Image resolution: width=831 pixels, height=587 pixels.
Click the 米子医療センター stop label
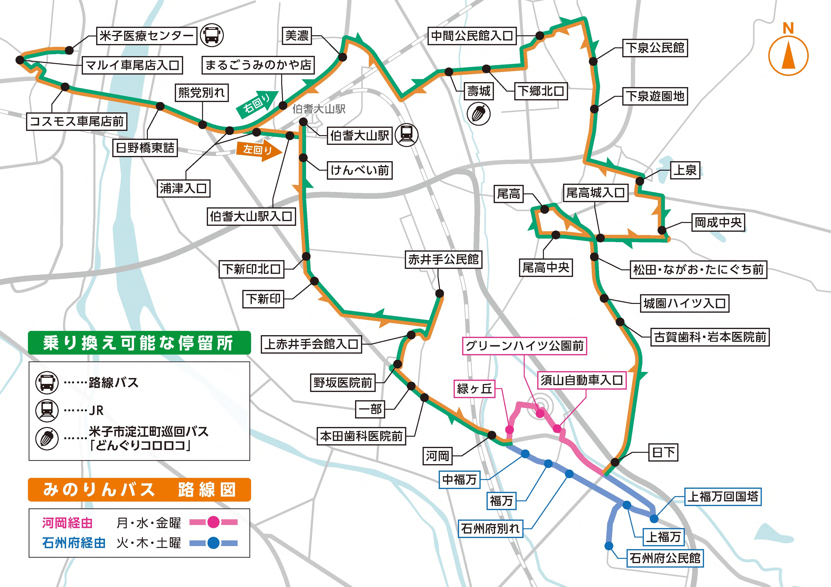point(147,36)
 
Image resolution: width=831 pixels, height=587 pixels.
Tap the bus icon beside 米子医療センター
point(212,35)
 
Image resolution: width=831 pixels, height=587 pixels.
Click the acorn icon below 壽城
point(479,114)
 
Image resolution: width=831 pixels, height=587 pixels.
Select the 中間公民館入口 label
point(472,36)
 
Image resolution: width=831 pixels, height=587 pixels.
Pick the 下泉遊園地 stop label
point(655,96)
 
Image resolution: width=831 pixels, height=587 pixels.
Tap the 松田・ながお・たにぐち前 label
point(698,269)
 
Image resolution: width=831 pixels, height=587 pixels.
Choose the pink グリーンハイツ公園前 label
point(524,346)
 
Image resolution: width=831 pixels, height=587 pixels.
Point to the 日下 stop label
point(663,452)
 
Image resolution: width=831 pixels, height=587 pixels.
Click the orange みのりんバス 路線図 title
point(139,490)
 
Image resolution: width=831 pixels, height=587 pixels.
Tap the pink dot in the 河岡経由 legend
point(213,522)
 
